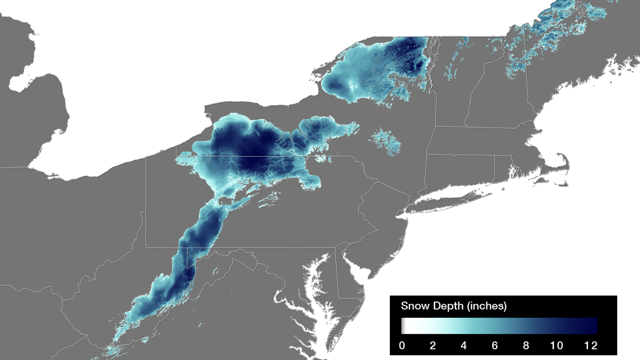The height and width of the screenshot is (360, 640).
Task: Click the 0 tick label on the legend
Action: pos(401,346)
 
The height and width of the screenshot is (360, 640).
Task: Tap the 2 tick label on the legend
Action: pos(432,346)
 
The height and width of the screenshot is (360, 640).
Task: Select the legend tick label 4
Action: pos(463,346)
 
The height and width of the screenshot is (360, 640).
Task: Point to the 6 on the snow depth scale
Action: pos(495,346)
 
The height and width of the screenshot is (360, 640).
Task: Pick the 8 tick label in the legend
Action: pos(526,346)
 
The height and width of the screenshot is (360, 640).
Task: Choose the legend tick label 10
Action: pos(557,346)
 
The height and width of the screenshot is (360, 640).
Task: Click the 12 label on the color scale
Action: pos(591,346)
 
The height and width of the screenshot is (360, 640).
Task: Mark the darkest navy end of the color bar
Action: pos(593,326)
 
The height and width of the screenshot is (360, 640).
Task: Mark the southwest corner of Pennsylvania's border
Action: pos(146,247)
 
